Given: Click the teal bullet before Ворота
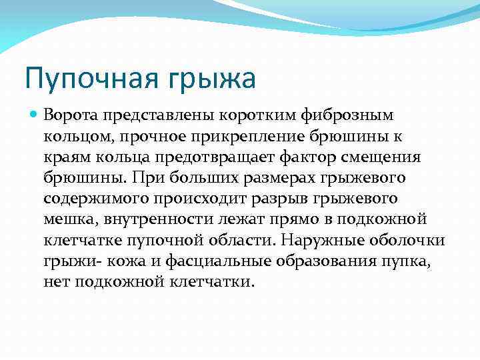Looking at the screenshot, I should pos(35,115).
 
